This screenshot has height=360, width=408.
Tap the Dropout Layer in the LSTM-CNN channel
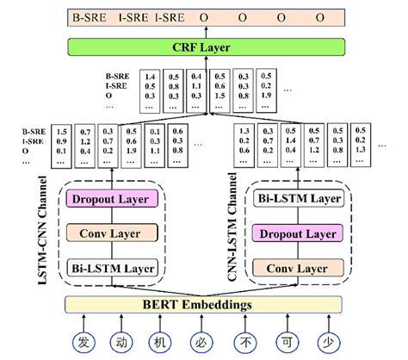114,200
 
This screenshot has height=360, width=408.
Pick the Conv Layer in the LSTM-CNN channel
114,233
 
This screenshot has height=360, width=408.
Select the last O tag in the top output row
319,16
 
